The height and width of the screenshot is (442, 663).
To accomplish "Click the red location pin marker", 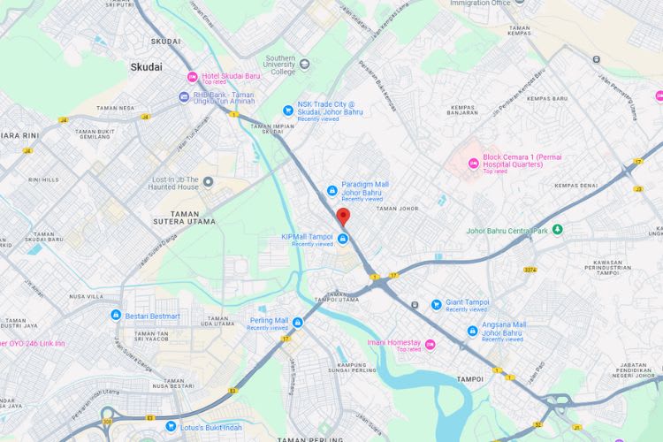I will click(343, 217).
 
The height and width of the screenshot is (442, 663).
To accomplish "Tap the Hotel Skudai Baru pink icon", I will click(192, 77).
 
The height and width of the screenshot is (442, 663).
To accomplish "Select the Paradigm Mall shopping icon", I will click(331, 189).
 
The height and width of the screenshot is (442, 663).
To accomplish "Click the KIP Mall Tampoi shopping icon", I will click(342, 237).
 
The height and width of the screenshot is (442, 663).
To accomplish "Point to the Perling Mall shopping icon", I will click(297, 322).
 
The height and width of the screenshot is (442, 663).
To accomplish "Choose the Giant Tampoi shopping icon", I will click(436, 304).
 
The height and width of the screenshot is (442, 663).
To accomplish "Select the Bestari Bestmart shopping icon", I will click(116, 316).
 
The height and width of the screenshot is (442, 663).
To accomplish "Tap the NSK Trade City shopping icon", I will click(287, 110).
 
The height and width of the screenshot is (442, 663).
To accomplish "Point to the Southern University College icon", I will click(304, 64).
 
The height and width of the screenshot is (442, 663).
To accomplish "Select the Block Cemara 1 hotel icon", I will click(473, 163).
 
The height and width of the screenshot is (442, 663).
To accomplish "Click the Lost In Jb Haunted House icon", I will click(208, 182).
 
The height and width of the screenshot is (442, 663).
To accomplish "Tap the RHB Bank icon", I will click(184, 96).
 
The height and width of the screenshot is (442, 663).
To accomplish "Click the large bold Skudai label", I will click(146, 66).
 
